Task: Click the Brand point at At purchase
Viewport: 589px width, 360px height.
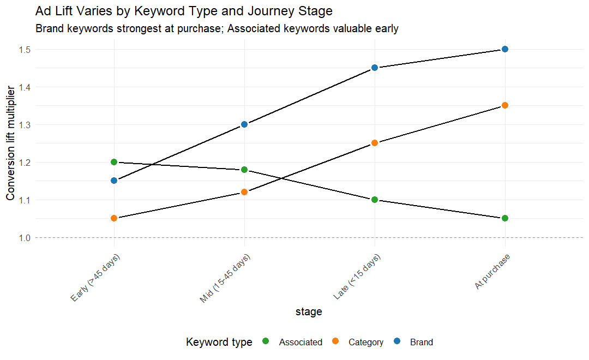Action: point(505,49)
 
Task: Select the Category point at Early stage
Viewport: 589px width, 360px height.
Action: point(114,218)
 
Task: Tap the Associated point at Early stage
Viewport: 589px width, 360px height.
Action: point(114,162)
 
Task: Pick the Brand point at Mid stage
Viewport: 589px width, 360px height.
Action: point(244,124)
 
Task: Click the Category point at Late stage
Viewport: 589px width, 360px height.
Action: point(375,143)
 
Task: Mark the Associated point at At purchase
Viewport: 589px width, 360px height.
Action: point(505,218)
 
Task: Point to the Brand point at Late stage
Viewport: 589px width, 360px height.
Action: point(375,68)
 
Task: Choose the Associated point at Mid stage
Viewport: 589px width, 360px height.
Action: point(244,170)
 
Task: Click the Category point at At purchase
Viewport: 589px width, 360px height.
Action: point(505,105)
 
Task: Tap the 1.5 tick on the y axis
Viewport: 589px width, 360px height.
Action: point(24,50)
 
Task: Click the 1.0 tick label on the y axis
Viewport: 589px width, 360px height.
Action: point(24,238)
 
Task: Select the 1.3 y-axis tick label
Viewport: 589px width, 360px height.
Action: point(24,125)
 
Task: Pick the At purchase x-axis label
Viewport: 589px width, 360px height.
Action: point(492,272)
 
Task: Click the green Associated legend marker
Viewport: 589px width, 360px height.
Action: point(266,341)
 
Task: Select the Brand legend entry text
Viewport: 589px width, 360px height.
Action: point(421,343)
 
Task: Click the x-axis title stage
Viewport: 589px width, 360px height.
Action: point(309,312)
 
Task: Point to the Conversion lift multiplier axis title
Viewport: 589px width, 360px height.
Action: point(10,143)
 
